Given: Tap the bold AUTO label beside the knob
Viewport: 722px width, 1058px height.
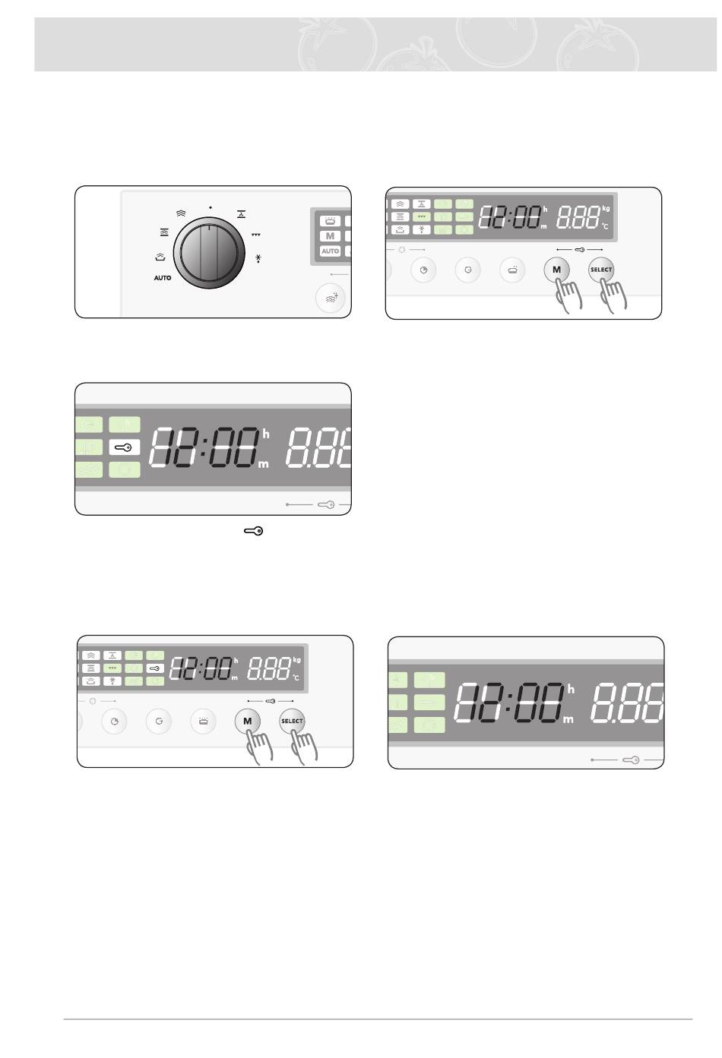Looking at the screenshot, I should pos(163,278).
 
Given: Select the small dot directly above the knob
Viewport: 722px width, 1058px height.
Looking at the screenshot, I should pos(210,206).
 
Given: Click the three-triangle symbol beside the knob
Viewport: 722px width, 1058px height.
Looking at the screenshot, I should pos(256,235).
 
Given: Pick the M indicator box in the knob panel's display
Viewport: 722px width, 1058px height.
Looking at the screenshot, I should pos(330,236).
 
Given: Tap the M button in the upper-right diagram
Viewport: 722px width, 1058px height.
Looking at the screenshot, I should pos(556,270).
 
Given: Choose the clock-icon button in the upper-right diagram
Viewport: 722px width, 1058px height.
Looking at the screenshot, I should pos(424,270).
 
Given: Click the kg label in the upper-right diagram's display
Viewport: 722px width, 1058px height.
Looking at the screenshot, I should pos(606,208).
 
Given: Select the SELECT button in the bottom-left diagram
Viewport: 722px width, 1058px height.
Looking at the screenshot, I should pos(292,721).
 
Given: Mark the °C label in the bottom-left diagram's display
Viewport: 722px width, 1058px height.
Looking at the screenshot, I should pos(296,677).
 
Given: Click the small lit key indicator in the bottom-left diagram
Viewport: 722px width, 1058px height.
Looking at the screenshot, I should pos(154,668).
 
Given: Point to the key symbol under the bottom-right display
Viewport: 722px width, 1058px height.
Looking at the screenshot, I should pos(631,760).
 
